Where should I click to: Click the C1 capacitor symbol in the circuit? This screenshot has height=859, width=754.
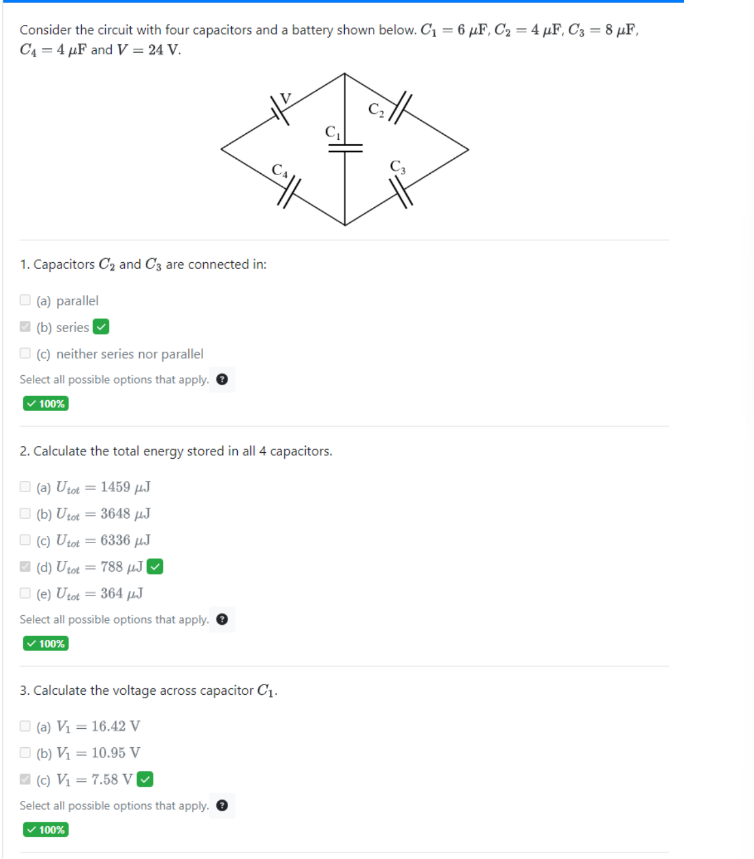[345, 148]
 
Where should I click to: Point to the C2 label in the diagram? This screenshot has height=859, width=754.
[376, 109]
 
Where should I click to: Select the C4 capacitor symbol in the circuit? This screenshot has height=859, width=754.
[289, 193]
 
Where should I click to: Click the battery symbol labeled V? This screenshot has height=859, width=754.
[279, 110]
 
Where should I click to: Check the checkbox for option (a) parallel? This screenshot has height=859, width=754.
[25, 300]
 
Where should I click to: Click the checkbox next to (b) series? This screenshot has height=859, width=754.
[25, 327]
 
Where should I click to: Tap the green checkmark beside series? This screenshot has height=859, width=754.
[102, 327]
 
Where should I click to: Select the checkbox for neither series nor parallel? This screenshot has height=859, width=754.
[25, 353]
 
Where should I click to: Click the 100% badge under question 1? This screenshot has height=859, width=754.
[46, 404]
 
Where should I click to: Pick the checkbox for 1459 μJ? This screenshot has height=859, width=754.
[25, 487]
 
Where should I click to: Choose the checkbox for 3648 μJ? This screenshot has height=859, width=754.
[25, 513]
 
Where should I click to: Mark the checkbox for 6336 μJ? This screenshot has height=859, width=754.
[25, 540]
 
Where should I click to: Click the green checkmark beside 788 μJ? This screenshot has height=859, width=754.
[155, 566]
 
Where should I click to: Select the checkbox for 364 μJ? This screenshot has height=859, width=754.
[25, 593]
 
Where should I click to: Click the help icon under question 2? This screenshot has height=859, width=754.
[222, 619]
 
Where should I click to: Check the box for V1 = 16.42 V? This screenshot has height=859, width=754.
[25, 726]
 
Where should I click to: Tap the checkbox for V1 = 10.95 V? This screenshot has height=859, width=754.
[25, 753]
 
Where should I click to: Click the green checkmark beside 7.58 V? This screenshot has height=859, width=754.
[145, 779]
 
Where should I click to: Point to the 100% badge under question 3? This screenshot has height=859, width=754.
[46, 830]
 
